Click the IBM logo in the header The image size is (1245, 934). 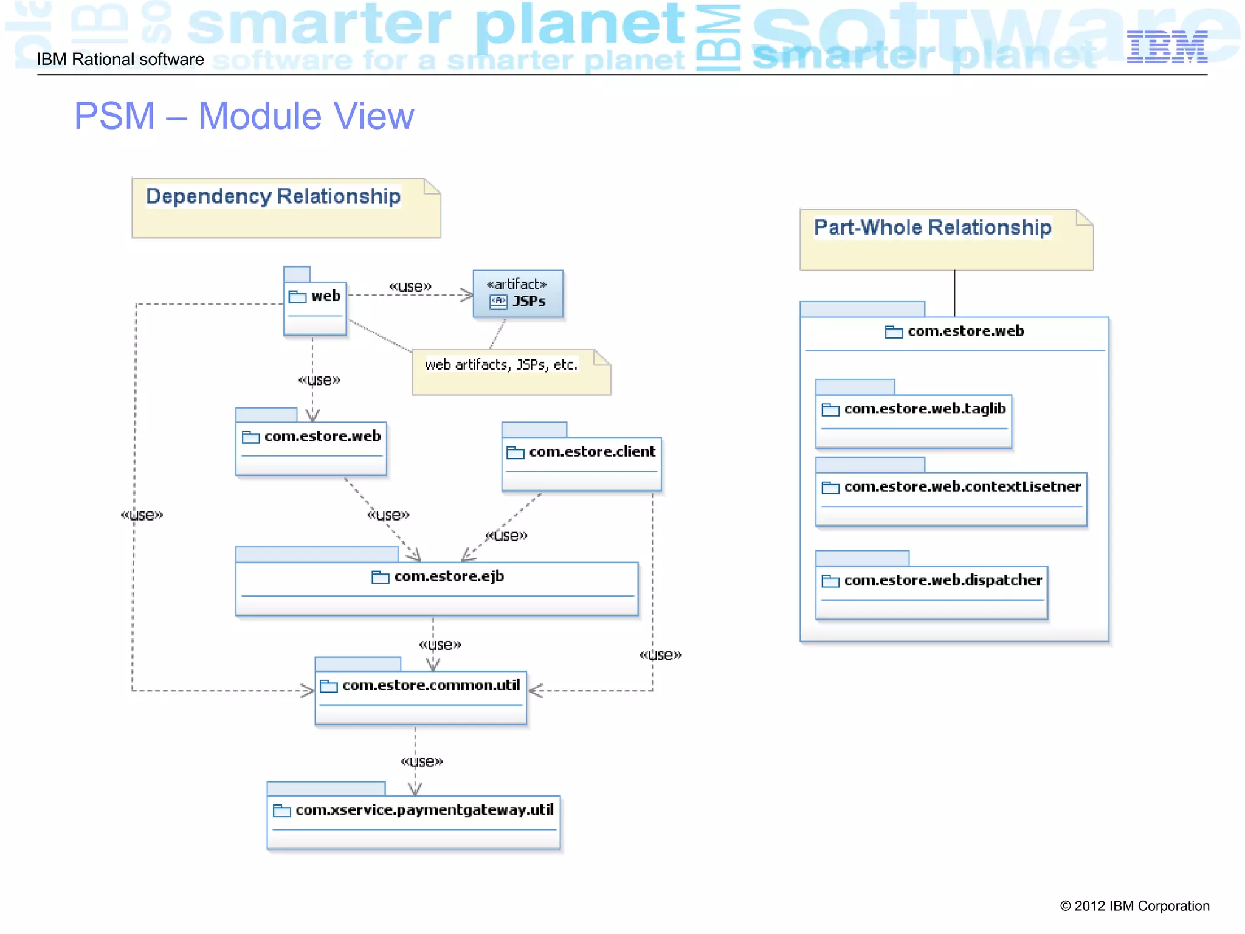(x=1167, y=47)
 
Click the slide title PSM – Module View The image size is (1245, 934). (x=244, y=116)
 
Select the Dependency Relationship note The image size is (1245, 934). (x=286, y=208)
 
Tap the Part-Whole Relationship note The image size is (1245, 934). (x=946, y=240)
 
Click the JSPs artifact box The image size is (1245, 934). (x=518, y=294)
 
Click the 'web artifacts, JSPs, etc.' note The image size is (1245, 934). (x=511, y=372)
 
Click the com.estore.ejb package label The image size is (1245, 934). (x=449, y=576)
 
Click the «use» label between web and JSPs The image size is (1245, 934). (x=410, y=286)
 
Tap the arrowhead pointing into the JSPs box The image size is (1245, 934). (x=467, y=296)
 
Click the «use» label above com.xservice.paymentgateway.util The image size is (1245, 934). (x=422, y=761)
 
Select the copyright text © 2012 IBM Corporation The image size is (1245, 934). (x=1134, y=906)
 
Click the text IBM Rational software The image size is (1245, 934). (x=120, y=60)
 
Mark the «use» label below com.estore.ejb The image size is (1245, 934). (x=440, y=645)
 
